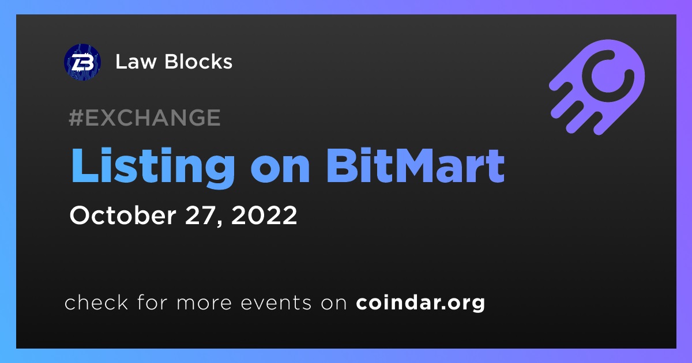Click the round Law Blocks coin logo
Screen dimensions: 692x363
point(82,62)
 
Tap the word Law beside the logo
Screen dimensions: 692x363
point(136,62)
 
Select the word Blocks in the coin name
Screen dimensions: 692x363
point(198,62)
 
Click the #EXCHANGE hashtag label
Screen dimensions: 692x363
point(145,118)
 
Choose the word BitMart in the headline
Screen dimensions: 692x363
point(416,166)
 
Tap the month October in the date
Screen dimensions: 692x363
point(123,215)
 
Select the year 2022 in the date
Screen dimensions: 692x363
point(264,215)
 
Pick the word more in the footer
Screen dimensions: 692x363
point(204,304)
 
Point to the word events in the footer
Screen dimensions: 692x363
point(276,303)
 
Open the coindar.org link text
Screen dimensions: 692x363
point(420,303)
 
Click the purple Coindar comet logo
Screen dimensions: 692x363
point(597,87)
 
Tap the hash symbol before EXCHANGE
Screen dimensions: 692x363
point(76,118)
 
